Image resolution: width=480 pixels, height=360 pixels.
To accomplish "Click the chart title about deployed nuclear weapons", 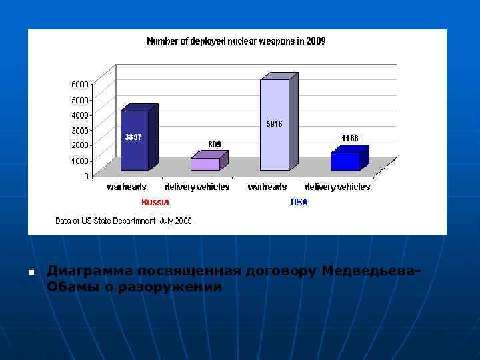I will point(236,41).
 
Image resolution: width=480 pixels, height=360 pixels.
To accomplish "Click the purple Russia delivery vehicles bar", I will point(205,164).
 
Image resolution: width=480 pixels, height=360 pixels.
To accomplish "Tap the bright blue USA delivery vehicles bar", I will point(345,161).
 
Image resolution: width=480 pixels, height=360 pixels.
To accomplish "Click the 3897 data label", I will point(133,137).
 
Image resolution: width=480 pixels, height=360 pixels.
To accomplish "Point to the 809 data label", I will point(214,144).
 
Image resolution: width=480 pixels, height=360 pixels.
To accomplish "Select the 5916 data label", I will point(274,124).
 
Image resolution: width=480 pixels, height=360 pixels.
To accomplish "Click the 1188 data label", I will point(349,139).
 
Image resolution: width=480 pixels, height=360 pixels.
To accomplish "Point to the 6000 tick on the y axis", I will point(79,85).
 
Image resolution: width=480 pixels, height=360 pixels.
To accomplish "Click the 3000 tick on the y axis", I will point(79,130).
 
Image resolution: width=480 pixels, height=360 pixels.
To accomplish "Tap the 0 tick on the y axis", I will point(86,177).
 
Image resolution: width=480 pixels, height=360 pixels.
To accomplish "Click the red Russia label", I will point(155,202).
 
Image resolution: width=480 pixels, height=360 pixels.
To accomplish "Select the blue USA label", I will point(299,202).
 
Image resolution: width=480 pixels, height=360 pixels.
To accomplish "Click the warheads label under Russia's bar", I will point(127,187).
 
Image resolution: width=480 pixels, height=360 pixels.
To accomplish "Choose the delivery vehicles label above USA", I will point(337,187).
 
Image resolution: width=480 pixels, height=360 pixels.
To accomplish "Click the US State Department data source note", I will point(125,221).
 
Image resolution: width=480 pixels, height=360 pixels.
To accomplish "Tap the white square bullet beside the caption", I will point(31,273).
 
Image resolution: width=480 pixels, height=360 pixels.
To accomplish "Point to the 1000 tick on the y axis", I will point(79,161).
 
